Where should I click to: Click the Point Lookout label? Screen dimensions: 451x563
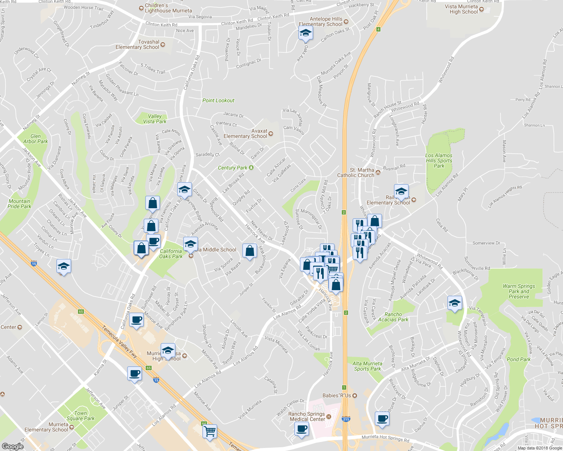[218, 100]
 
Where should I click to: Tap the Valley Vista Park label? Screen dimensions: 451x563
[155, 119]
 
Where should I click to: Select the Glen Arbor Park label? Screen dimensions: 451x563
[36, 139]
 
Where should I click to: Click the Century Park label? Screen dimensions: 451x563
[233, 168]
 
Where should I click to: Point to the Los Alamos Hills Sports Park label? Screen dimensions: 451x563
[439, 160]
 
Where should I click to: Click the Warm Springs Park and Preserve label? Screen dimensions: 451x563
[519, 291]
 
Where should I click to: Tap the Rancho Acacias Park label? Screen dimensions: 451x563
[393, 317]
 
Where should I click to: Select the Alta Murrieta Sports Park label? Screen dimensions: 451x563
[367, 366]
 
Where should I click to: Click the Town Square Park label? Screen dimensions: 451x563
[81, 416]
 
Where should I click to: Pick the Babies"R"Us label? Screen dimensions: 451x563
[337, 395]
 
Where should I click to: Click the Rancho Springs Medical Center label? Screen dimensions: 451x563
[307, 416]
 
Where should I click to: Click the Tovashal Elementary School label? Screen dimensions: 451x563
[137, 44]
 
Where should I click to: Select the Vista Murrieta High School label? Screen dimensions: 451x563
[461, 9]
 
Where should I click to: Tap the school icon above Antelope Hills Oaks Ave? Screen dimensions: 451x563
[306, 33]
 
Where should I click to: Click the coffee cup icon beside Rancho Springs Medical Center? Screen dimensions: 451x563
[301, 428]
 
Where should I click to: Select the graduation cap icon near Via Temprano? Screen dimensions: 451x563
[455, 303]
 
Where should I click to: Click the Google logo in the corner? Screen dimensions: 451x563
[12, 446]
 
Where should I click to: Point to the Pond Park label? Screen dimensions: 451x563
[519, 359]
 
